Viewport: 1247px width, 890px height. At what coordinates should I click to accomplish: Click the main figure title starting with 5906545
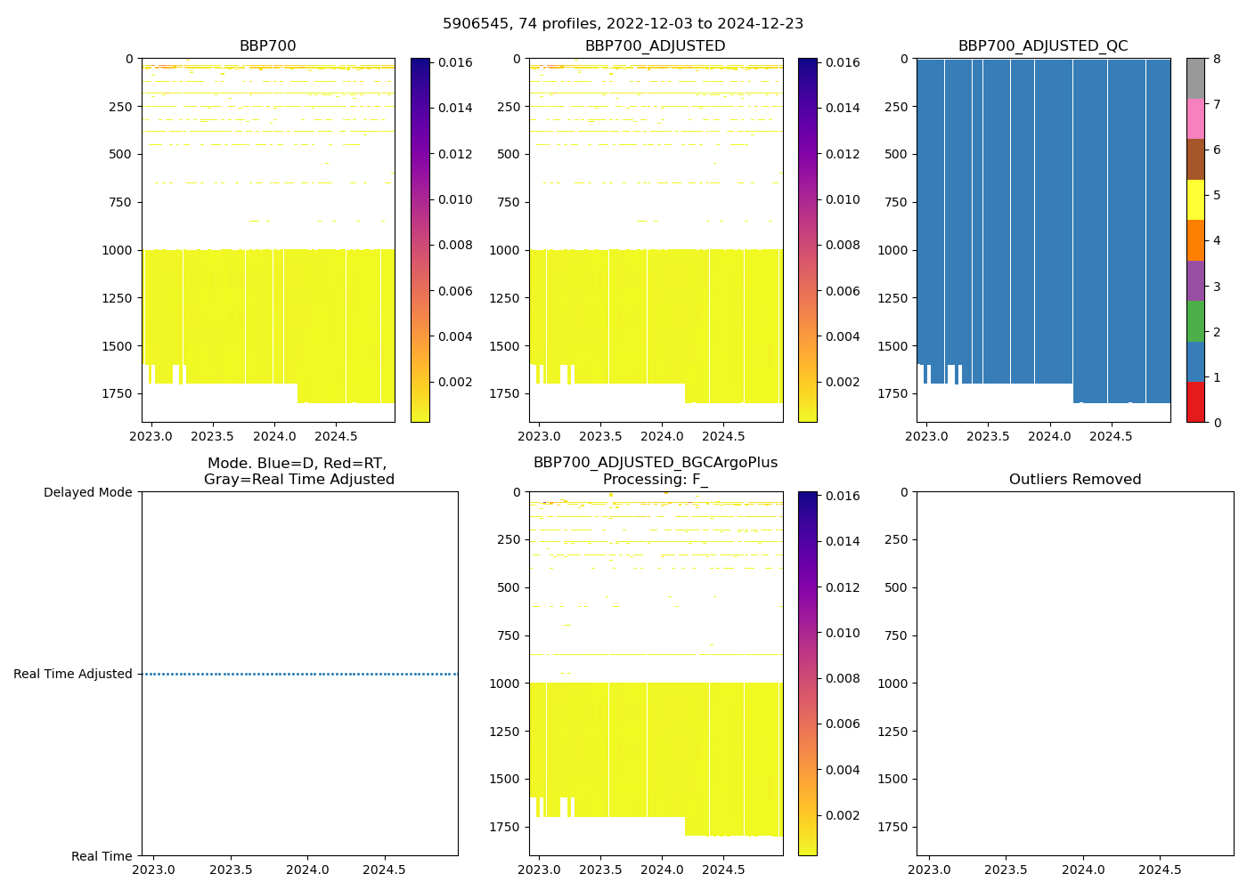(x=623, y=24)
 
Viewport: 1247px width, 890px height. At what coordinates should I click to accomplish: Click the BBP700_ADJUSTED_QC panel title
(x=1043, y=46)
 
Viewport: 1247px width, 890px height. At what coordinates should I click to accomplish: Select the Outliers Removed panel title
(x=1074, y=480)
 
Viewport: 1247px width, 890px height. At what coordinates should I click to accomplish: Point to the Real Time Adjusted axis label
(x=73, y=674)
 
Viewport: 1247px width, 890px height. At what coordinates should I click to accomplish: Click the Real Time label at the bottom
(x=102, y=856)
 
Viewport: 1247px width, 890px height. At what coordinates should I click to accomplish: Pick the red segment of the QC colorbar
(x=1195, y=401)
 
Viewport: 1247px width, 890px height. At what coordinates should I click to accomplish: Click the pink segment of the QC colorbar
(x=1195, y=118)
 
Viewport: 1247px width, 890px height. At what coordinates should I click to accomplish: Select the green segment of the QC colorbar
(x=1195, y=320)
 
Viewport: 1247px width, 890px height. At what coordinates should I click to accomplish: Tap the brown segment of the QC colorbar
(x=1195, y=158)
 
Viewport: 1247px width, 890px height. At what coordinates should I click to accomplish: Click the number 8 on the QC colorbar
(x=1217, y=59)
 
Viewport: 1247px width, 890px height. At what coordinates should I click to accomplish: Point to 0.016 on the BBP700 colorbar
(x=455, y=62)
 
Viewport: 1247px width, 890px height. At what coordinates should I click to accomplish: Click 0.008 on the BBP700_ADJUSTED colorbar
(x=843, y=246)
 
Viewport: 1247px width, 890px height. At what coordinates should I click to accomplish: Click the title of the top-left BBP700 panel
(x=267, y=46)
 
